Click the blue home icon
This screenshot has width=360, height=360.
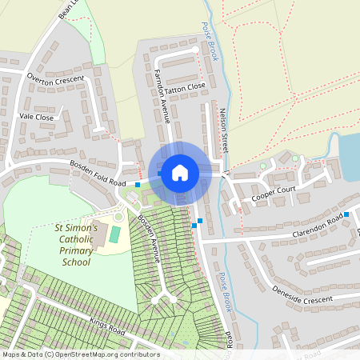pyautogui.click(x=180, y=172)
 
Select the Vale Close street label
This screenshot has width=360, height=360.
pyautogui.click(x=36, y=117)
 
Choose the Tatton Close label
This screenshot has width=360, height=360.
pyautogui.click(x=186, y=84)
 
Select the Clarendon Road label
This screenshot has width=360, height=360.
pyautogui.click(x=318, y=220)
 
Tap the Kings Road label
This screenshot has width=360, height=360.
pyautogui.click(x=108, y=326)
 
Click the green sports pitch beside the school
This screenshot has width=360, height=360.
pyautogui.click(x=115, y=234)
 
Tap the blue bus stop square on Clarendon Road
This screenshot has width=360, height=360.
pyautogui.click(x=346, y=214)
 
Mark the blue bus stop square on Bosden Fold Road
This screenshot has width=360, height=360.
pyautogui.click(x=138, y=185)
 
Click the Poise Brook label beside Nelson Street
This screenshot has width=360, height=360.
pyautogui.click(x=210, y=40)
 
